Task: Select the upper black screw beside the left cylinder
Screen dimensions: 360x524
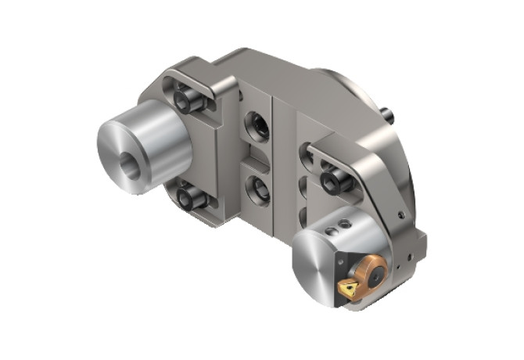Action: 186,99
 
